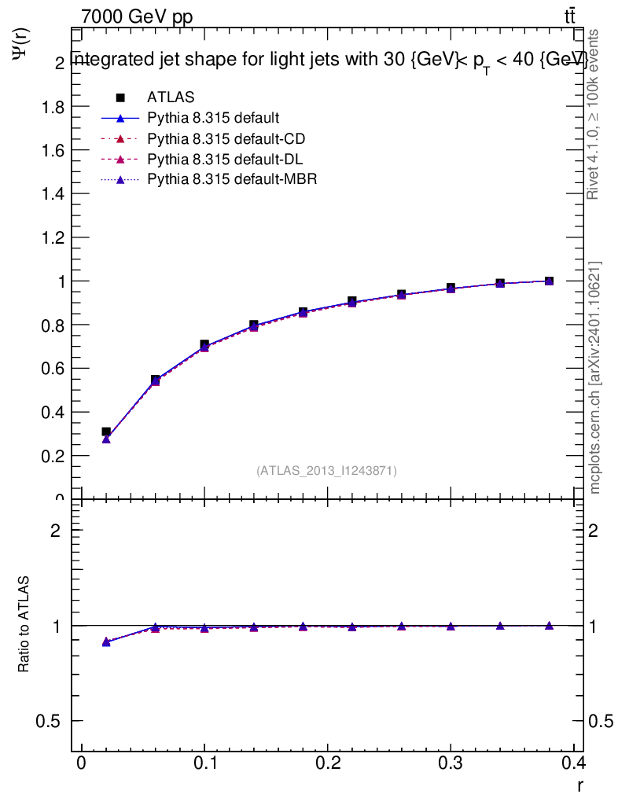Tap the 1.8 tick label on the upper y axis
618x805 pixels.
[53, 107]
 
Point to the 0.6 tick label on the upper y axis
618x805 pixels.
[53, 369]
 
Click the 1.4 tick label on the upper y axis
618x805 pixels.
[53, 194]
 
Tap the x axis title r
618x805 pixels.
[580, 785]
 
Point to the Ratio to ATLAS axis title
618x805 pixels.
[24, 625]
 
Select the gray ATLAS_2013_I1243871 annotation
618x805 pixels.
[326, 471]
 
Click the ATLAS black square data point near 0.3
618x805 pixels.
[451, 289]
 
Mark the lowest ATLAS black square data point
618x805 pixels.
[106, 432]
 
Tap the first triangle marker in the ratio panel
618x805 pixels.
[106, 642]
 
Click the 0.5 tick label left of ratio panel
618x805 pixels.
[48, 721]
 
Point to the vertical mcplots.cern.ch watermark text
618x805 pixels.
[596, 377]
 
